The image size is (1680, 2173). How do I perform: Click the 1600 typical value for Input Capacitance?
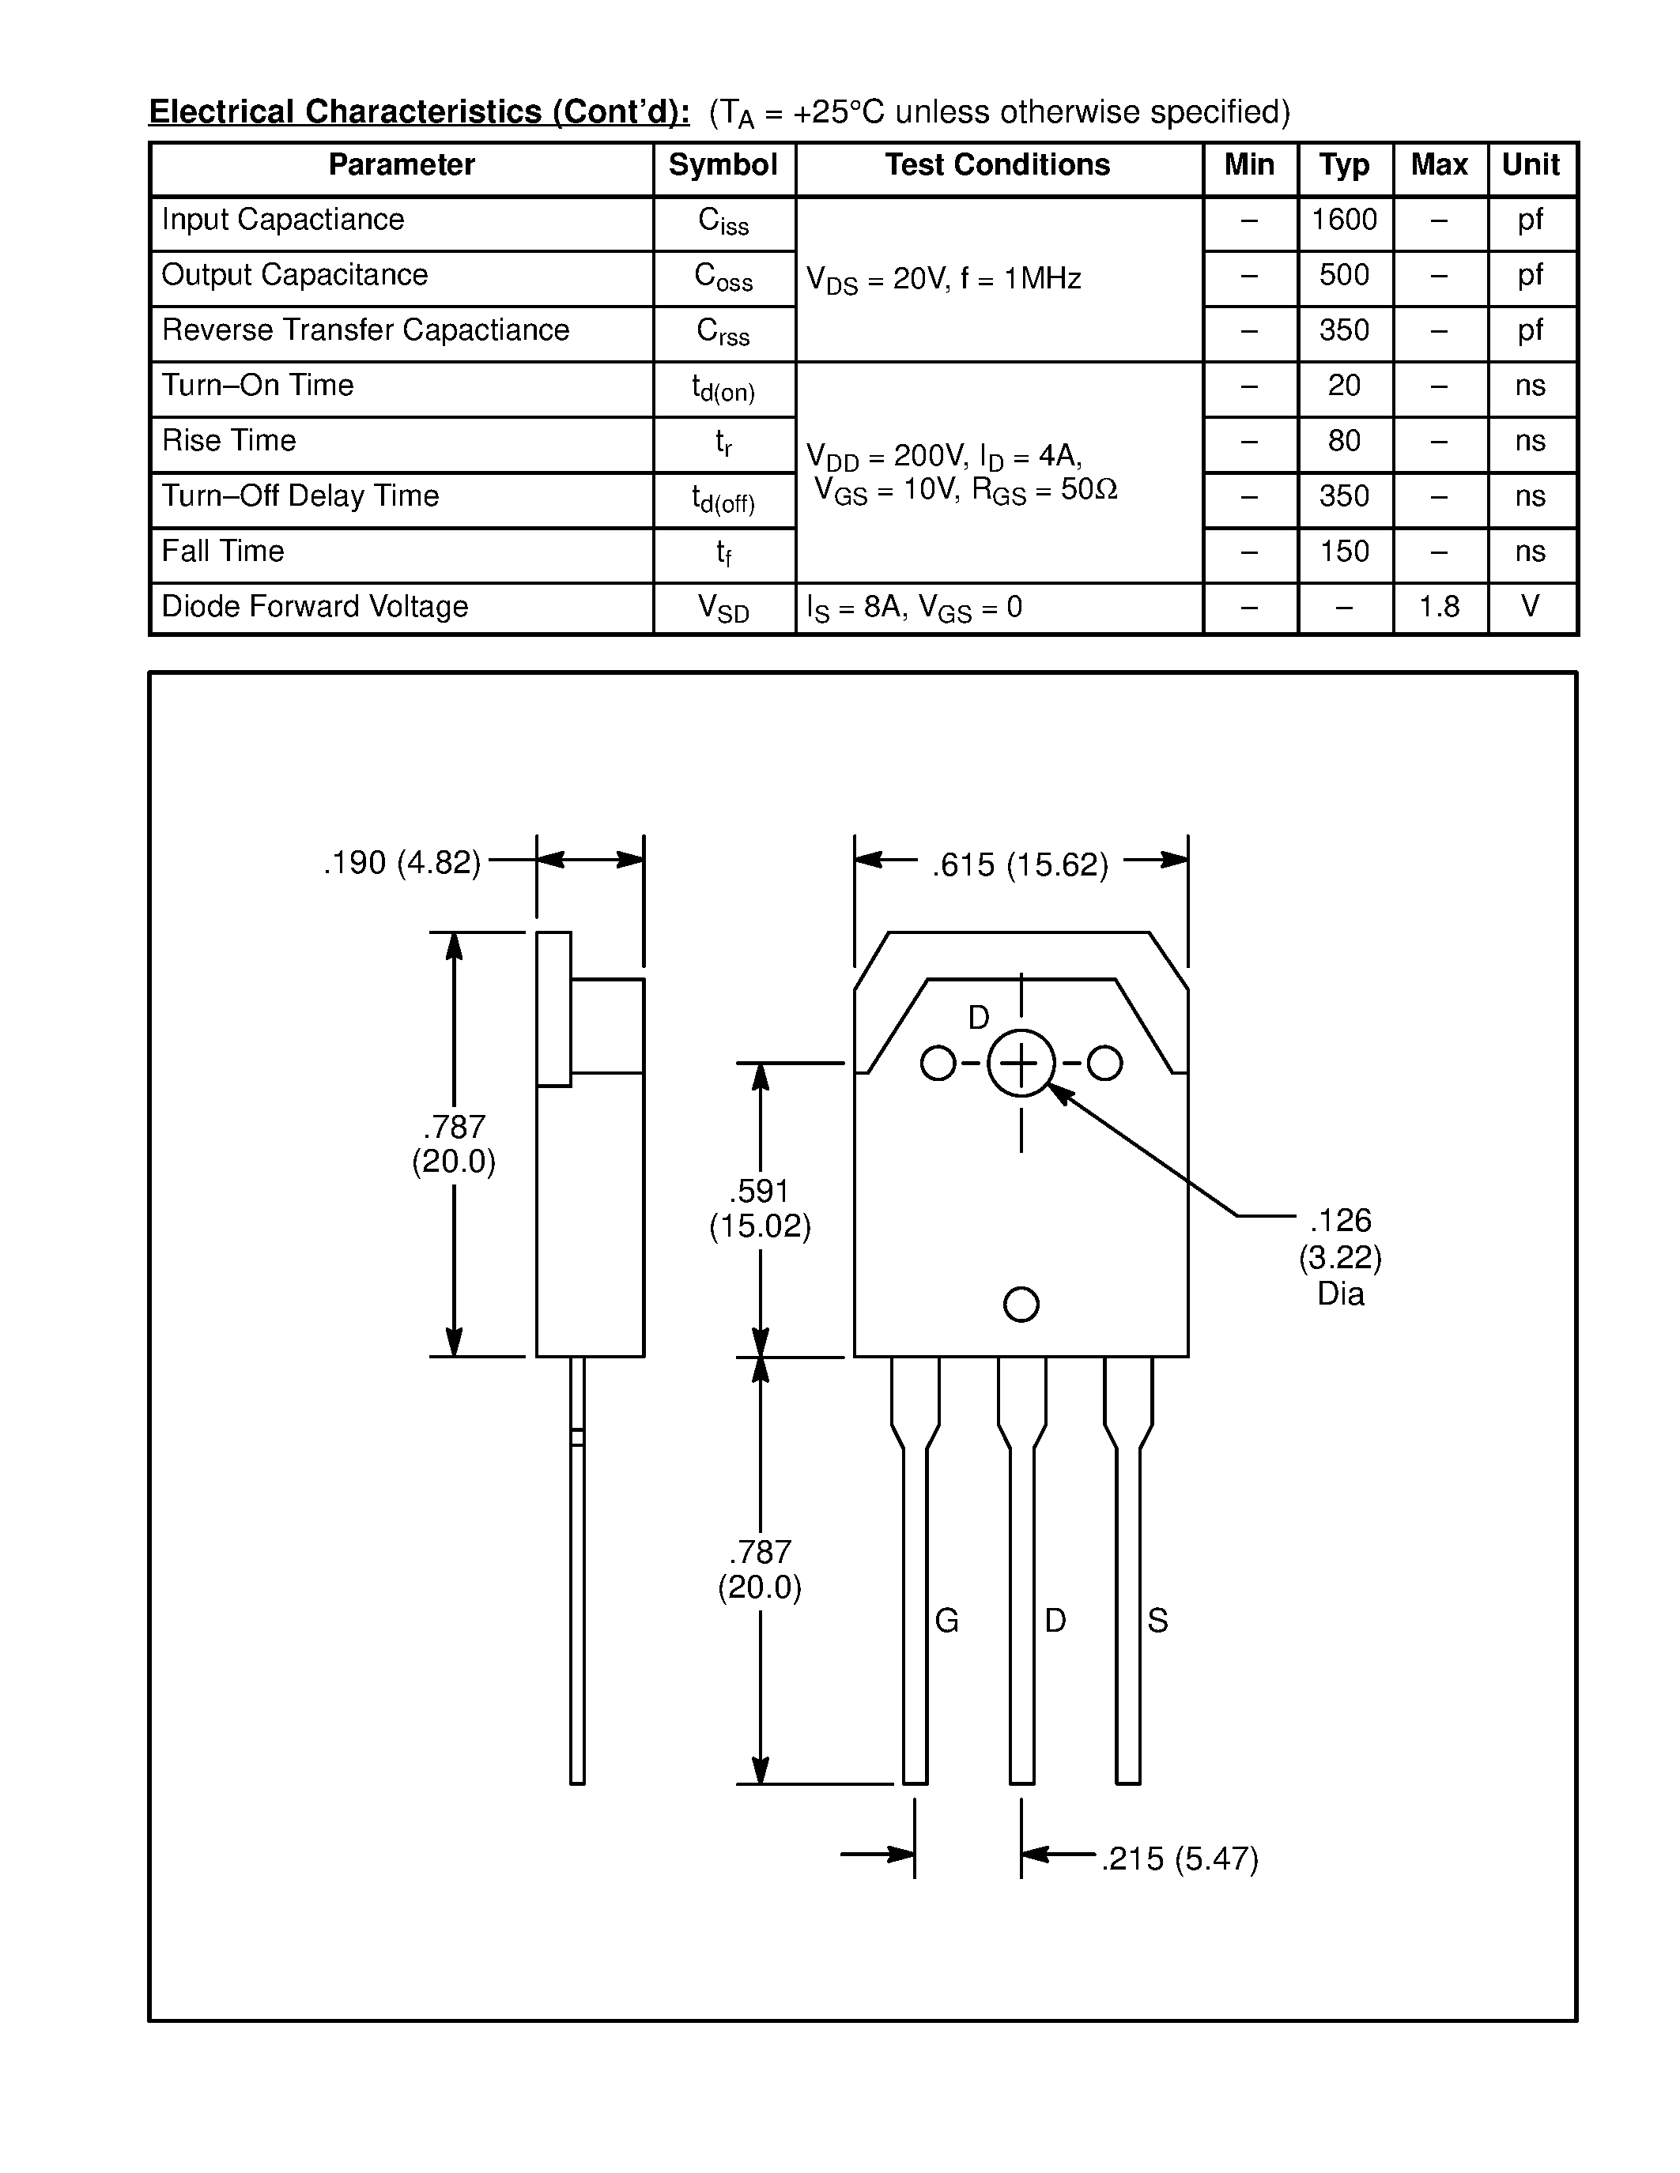(x=1343, y=220)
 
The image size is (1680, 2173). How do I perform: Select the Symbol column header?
(x=723, y=165)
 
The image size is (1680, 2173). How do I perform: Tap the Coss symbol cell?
(x=723, y=277)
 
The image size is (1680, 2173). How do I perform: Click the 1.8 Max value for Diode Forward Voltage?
(x=1438, y=607)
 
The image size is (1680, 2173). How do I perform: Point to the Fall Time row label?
(x=223, y=552)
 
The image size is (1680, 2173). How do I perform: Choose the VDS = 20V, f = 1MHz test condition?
(x=943, y=280)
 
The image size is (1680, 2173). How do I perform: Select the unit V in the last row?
(x=1530, y=606)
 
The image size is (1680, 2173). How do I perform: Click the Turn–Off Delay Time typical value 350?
(x=1343, y=496)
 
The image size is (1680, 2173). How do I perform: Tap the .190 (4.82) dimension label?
(x=402, y=863)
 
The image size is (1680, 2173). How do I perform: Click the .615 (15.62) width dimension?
(x=1020, y=864)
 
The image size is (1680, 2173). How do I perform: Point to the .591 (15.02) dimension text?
(x=760, y=1208)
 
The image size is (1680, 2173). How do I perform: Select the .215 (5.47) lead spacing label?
(x=1180, y=1859)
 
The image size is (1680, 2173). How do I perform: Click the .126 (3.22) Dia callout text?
(x=1339, y=1256)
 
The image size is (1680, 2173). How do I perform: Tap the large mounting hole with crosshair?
(x=1021, y=1064)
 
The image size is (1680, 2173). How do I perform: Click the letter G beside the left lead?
(x=946, y=1621)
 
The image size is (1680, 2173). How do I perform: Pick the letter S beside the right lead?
(x=1157, y=1621)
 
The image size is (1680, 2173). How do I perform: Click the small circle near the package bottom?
(x=1021, y=1305)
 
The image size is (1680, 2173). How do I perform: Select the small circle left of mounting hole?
(x=938, y=1063)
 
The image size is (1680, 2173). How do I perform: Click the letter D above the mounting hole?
(x=978, y=1018)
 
